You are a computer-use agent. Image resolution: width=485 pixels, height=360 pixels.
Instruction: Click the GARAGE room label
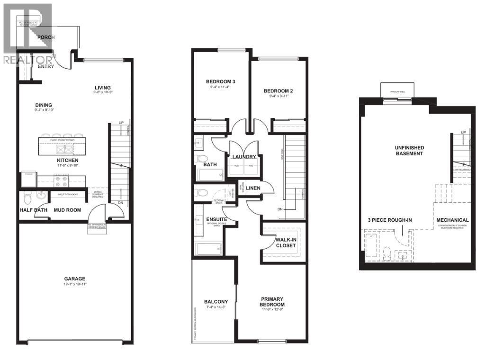tap(75, 279)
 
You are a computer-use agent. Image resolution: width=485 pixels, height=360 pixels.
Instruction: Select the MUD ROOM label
tap(67, 210)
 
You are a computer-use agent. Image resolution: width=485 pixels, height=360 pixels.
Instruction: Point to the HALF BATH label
tap(32, 210)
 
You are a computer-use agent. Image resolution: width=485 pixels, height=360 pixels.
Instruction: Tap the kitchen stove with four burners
tap(62, 180)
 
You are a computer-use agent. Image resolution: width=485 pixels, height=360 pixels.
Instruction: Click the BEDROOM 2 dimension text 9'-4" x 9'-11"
tap(276, 96)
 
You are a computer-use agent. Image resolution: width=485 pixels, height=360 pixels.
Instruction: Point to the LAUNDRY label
tap(244, 157)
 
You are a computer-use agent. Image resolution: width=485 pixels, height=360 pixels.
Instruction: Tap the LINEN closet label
tap(253, 189)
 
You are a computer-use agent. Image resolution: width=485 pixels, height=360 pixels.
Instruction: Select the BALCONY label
tap(216, 302)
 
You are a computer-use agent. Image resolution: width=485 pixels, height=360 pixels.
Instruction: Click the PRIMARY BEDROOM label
tap(272, 302)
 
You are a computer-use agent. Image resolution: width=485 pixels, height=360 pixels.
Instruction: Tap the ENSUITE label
tap(216, 220)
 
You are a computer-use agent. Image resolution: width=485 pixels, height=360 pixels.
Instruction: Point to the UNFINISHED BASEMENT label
tap(409, 151)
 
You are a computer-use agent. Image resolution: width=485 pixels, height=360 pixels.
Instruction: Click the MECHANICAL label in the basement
tap(452, 220)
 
